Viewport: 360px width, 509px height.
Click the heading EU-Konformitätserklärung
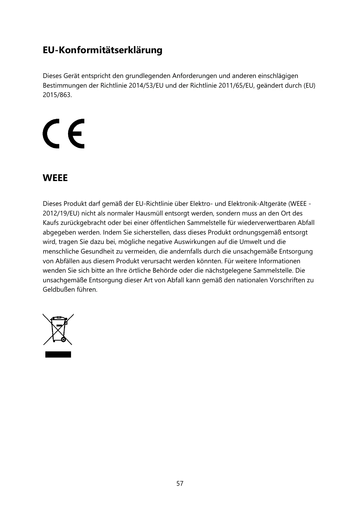click(102, 50)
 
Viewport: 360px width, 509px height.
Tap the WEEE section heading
click(55, 178)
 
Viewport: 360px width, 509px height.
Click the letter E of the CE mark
click(76, 133)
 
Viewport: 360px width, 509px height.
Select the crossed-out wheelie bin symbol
click(58, 329)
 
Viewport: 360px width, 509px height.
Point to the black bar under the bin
click(58, 354)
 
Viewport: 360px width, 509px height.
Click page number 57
click(180, 484)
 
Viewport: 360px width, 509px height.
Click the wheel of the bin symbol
click(63, 339)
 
